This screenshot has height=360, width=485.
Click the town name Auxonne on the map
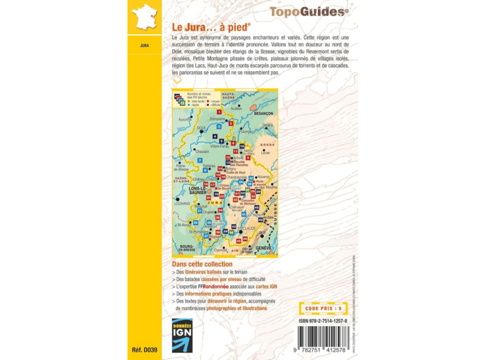[184, 119]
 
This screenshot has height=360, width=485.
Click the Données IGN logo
[182, 335]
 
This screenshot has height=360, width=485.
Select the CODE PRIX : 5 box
[323, 308]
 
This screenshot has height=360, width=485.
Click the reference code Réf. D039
[144, 350]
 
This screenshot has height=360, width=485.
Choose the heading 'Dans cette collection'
[202, 264]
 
